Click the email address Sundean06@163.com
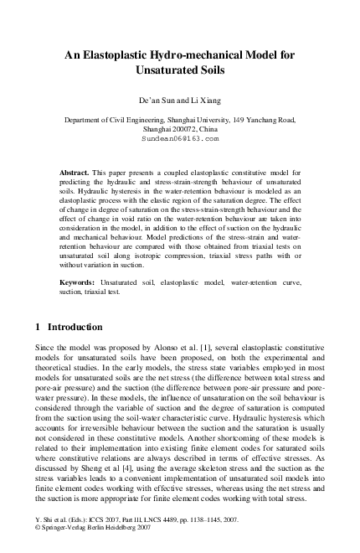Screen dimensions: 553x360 click(x=180, y=142)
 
